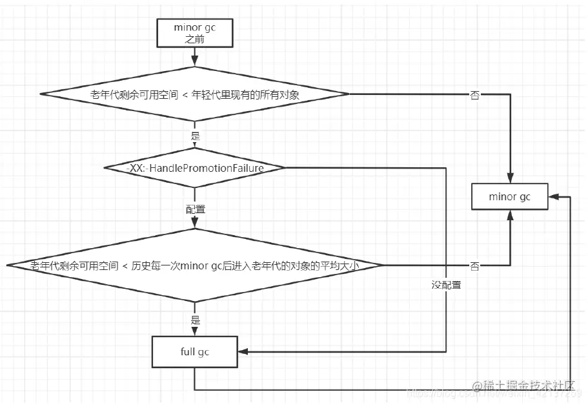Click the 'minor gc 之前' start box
(194, 33)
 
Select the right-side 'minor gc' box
(510, 196)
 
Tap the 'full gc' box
(194, 352)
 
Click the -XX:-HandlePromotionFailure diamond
(194, 168)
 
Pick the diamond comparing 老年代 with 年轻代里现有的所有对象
(194, 95)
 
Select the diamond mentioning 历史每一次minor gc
(194, 265)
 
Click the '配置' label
(195, 210)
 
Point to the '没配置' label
(446, 285)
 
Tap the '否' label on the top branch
(475, 96)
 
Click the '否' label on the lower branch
(474, 266)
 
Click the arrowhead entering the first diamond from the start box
(194, 64)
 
